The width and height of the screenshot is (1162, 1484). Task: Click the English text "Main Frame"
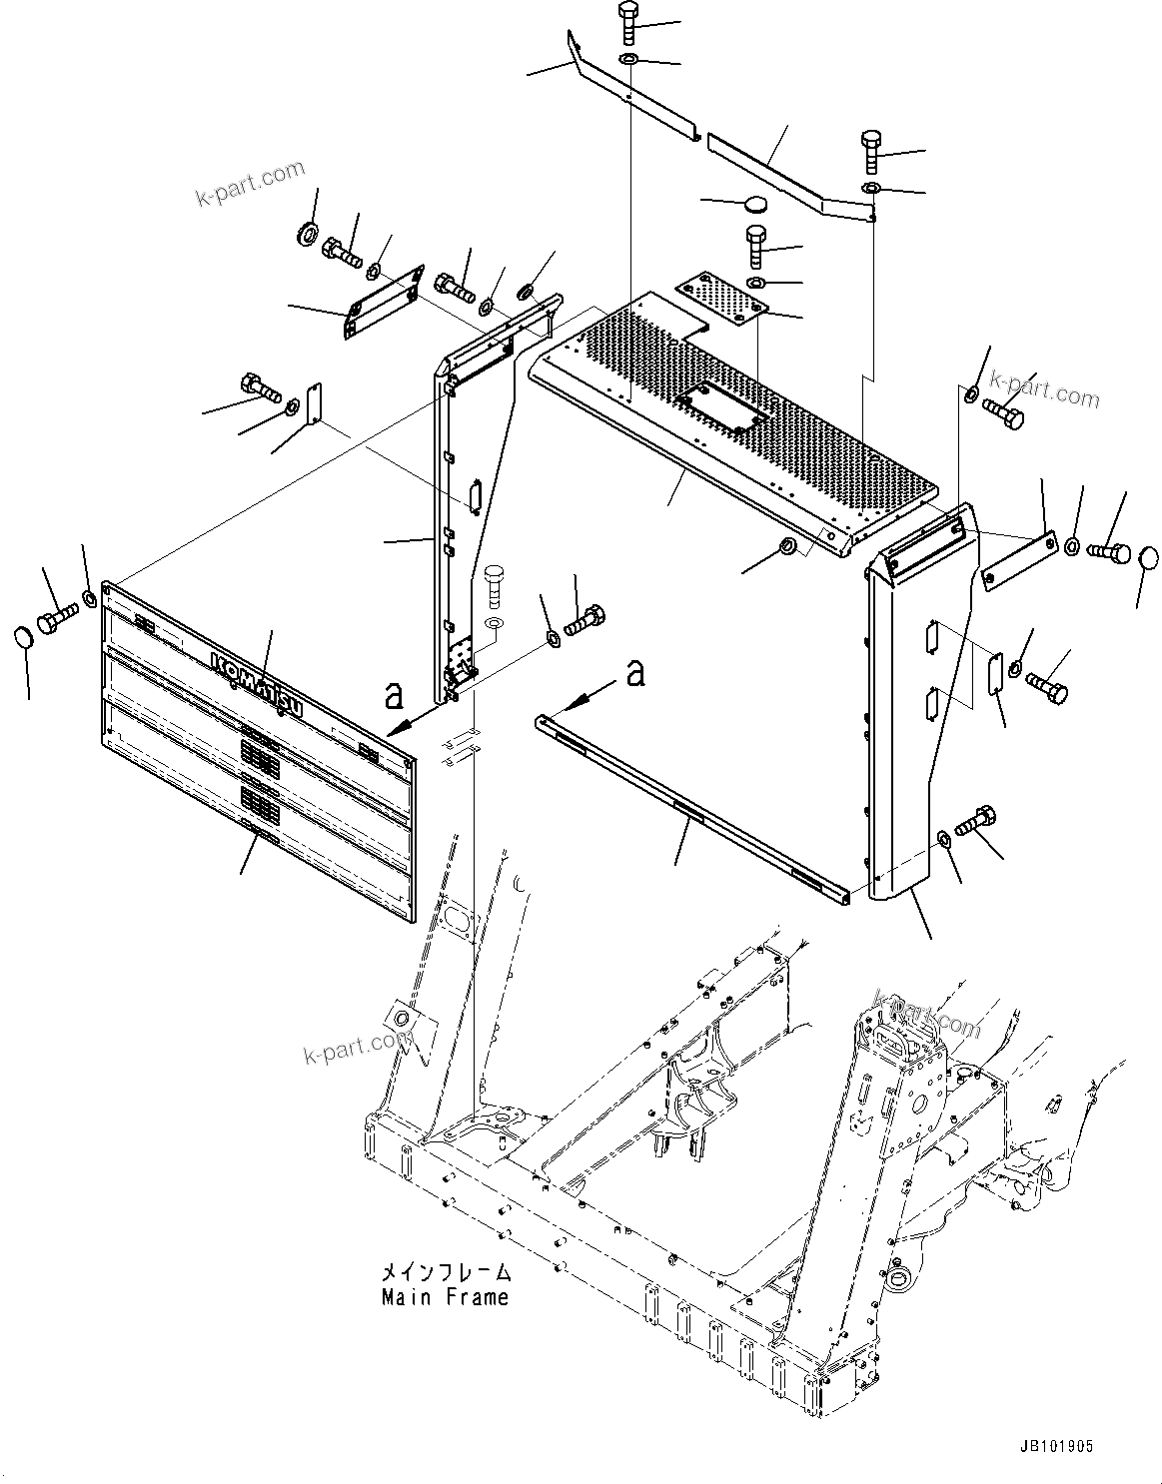click(445, 1297)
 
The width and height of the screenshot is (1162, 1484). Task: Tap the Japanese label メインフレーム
click(446, 1273)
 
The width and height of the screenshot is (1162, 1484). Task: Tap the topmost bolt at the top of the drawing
click(628, 22)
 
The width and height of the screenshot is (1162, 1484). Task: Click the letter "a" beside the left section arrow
click(396, 691)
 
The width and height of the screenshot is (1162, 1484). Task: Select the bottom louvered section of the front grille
click(260, 849)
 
